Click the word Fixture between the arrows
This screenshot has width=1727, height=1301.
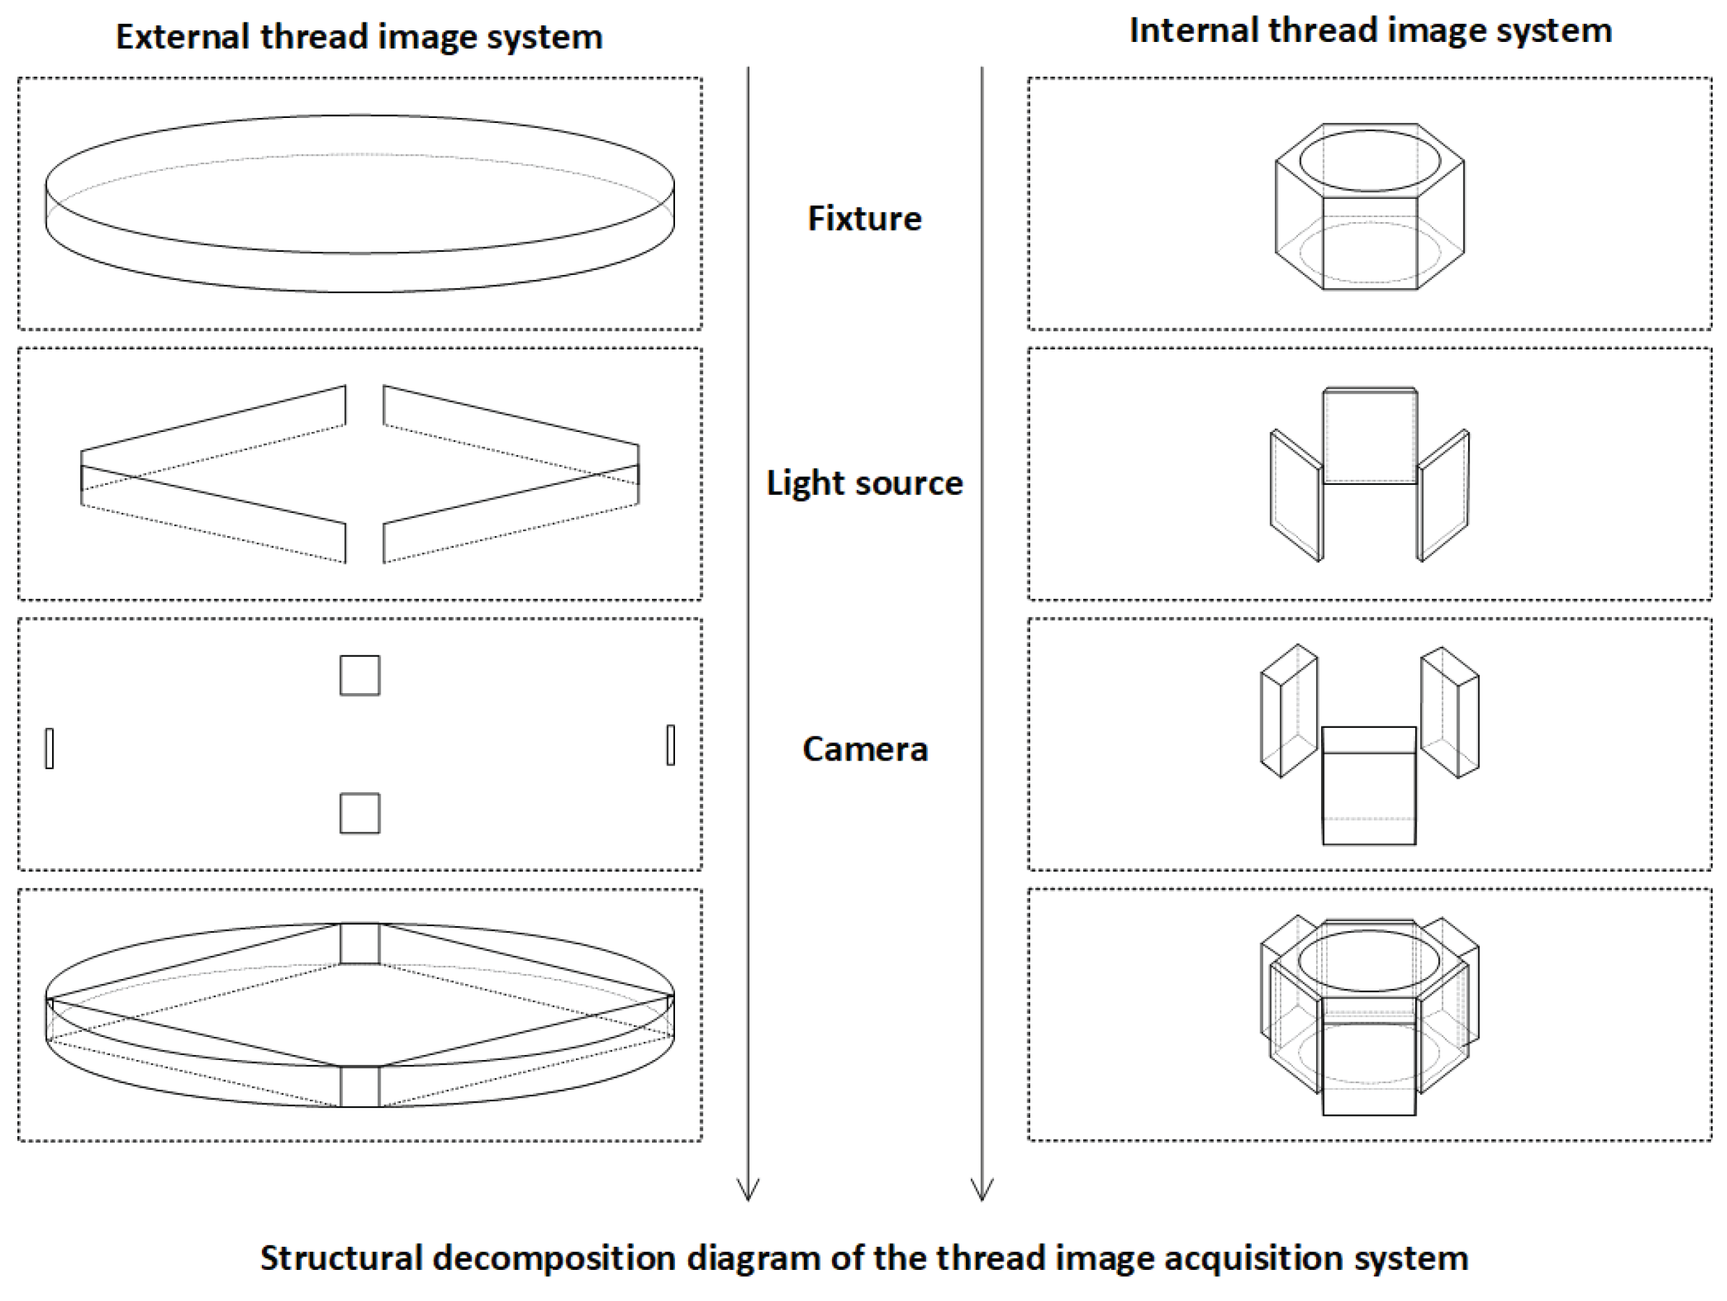[x=865, y=219]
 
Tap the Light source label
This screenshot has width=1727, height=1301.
[x=865, y=483]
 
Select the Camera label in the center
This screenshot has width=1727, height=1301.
[x=865, y=750]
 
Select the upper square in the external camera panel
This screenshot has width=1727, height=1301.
[x=360, y=676]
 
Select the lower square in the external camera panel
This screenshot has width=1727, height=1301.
[x=360, y=814]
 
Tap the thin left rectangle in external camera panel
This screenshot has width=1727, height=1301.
[x=50, y=748]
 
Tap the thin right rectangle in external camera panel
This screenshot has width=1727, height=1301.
[x=671, y=745]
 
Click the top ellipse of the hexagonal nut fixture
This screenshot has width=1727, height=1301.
[x=1370, y=160]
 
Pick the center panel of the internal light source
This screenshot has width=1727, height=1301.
[x=1370, y=437]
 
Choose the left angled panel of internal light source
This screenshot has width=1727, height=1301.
[x=1295, y=495]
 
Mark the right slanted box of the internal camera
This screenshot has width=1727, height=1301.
[x=1450, y=712]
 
